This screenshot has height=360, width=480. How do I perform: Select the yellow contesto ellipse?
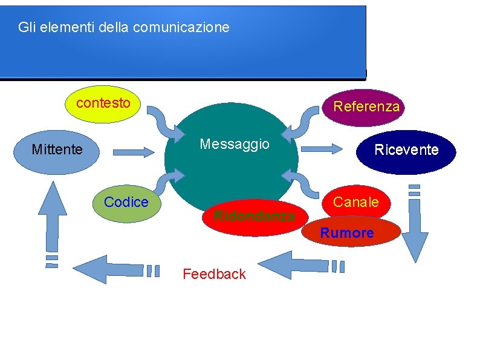(103, 103)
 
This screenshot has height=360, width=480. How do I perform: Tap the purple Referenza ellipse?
(366, 107)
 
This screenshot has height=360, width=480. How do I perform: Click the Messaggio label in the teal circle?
(235, 144)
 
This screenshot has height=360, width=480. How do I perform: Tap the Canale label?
(356, 202)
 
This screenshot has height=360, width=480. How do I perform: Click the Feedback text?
(214, 274)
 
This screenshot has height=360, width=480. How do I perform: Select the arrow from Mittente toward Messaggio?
(134, 152)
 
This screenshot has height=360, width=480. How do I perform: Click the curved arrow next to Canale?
(303, 182)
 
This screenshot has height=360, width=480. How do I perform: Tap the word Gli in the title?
(25, 27)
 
